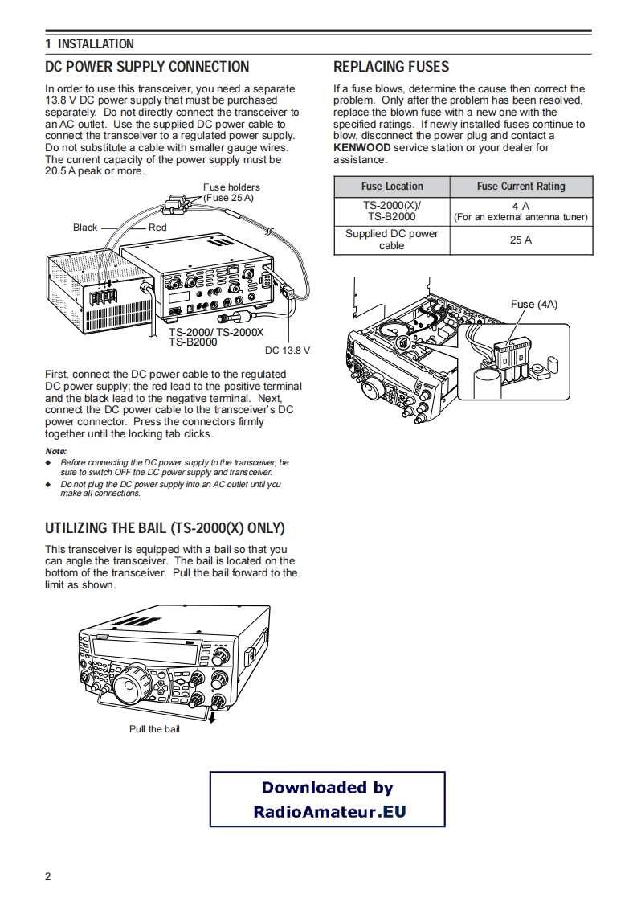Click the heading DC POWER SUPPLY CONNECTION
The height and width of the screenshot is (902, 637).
pos(147,67)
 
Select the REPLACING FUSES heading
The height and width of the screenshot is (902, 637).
pos(391,67)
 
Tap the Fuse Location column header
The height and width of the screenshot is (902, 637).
pos(392,187)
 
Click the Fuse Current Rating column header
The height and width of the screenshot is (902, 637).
pos(521,187)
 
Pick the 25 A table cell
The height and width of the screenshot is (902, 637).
pos(521,240)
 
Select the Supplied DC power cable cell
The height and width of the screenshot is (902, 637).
pos(392,240)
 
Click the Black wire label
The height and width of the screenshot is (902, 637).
pos(85,228)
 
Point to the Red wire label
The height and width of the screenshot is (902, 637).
pos(157,228)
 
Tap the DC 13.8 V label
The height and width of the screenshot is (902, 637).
pos(287,351)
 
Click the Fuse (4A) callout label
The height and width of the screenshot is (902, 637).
pos(533,304)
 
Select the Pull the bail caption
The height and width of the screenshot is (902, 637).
pos(154,729)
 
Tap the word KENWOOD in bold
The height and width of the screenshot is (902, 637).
pos(362,148)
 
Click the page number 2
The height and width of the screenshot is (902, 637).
pos(48,876)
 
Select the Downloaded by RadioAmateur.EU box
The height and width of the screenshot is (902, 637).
pos(328,799)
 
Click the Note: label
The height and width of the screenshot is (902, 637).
pos(55,451)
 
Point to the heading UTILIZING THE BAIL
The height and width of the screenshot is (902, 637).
pos(165,528)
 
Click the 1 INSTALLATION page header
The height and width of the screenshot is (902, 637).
pos(89,44)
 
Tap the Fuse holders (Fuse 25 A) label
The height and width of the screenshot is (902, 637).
pos(231,192)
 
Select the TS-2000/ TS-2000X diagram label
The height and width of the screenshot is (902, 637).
pos(216,332)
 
